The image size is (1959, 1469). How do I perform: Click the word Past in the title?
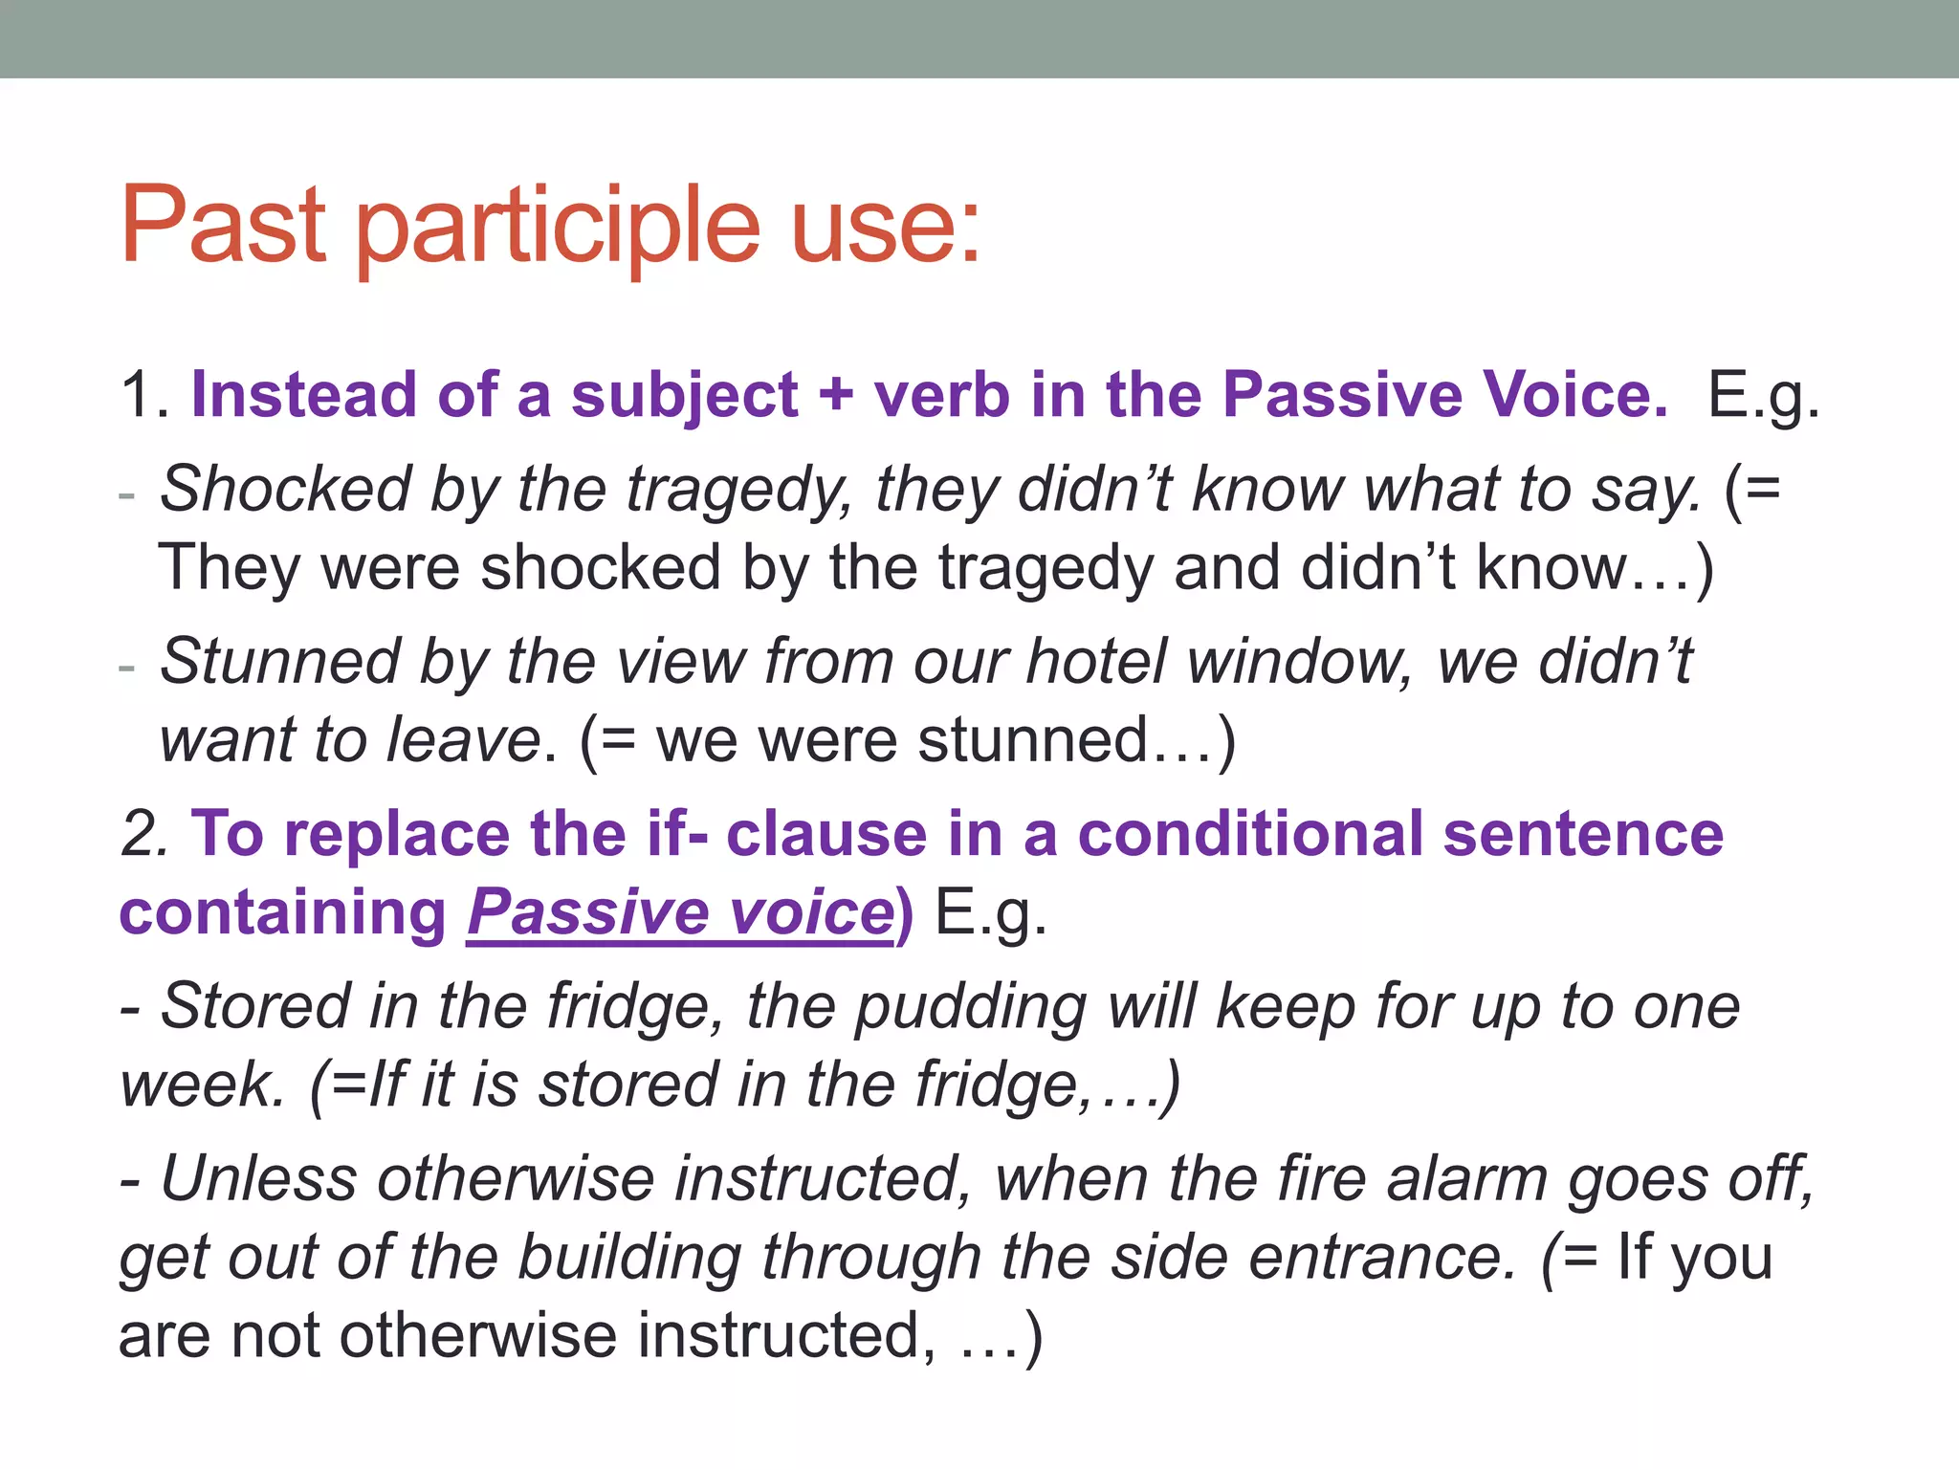223,226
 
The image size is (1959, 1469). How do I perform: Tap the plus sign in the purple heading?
835,395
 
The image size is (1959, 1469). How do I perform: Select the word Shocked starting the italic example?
284,489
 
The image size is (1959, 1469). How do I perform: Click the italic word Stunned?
280,661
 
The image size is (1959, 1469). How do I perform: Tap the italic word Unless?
258,1178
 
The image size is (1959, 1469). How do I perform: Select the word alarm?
1466,1178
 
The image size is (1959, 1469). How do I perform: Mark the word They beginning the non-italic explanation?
228,567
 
